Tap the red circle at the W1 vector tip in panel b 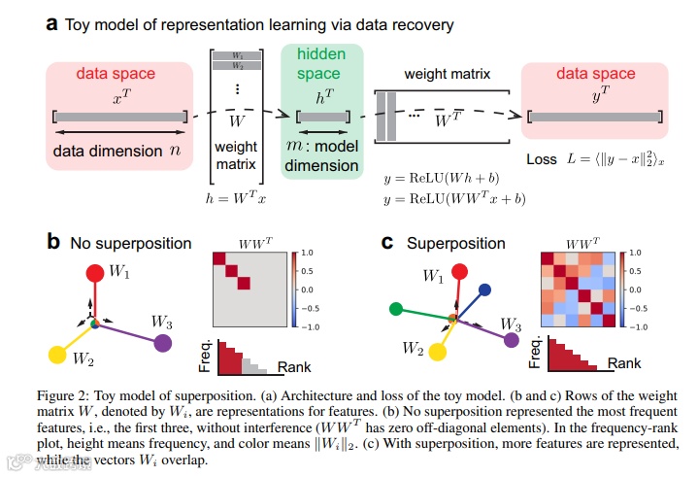tap(95, 274)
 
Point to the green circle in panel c tap(396, 310)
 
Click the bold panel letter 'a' tap(50, 24)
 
